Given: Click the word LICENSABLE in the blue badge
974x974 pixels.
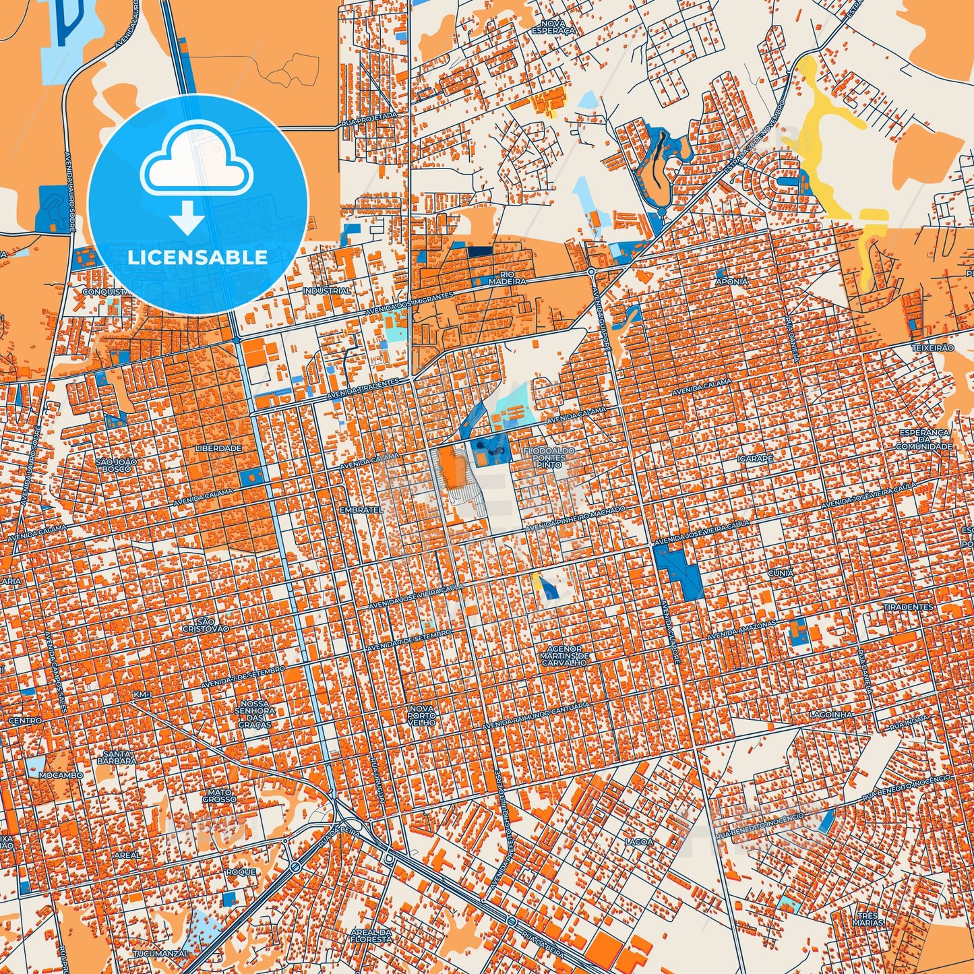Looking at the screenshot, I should point(197,257).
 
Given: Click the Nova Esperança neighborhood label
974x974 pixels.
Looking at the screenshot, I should point(553,27).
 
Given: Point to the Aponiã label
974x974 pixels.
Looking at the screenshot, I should point(732,282).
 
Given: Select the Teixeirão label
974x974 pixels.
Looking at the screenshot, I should point(932,348).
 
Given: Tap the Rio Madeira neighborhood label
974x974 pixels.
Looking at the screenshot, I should point(507,278).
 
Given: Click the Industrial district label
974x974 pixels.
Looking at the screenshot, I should point(327,291).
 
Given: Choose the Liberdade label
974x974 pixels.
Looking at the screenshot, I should point(218,448).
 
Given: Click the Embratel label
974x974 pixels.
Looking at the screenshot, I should point(361,510).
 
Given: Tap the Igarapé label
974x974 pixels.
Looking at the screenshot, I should point(755,458).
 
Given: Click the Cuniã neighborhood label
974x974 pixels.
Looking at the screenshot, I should point(781,573).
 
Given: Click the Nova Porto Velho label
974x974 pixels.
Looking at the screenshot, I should point(422,715).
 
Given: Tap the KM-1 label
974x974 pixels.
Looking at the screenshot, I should point(143,694).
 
